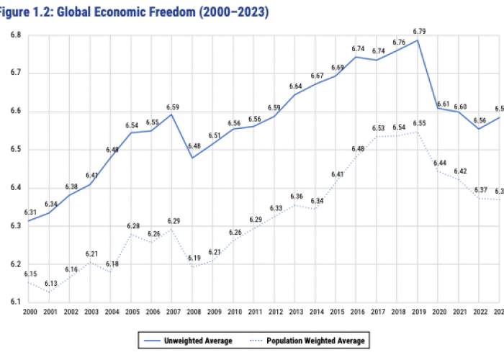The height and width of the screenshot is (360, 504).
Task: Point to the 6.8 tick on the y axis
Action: [15, 35]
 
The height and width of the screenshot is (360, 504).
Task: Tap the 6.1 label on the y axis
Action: [15, 302]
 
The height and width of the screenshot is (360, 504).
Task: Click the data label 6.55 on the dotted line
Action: [420, 123]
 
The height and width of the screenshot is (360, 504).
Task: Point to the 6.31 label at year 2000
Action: [31, 212]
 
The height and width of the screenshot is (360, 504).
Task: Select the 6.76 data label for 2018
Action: [398, 42]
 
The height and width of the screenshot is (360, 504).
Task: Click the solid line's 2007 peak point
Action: [172, 114]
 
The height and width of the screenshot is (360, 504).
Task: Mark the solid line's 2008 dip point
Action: [193, 157]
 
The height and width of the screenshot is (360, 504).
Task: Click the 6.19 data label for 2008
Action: [193, 258]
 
